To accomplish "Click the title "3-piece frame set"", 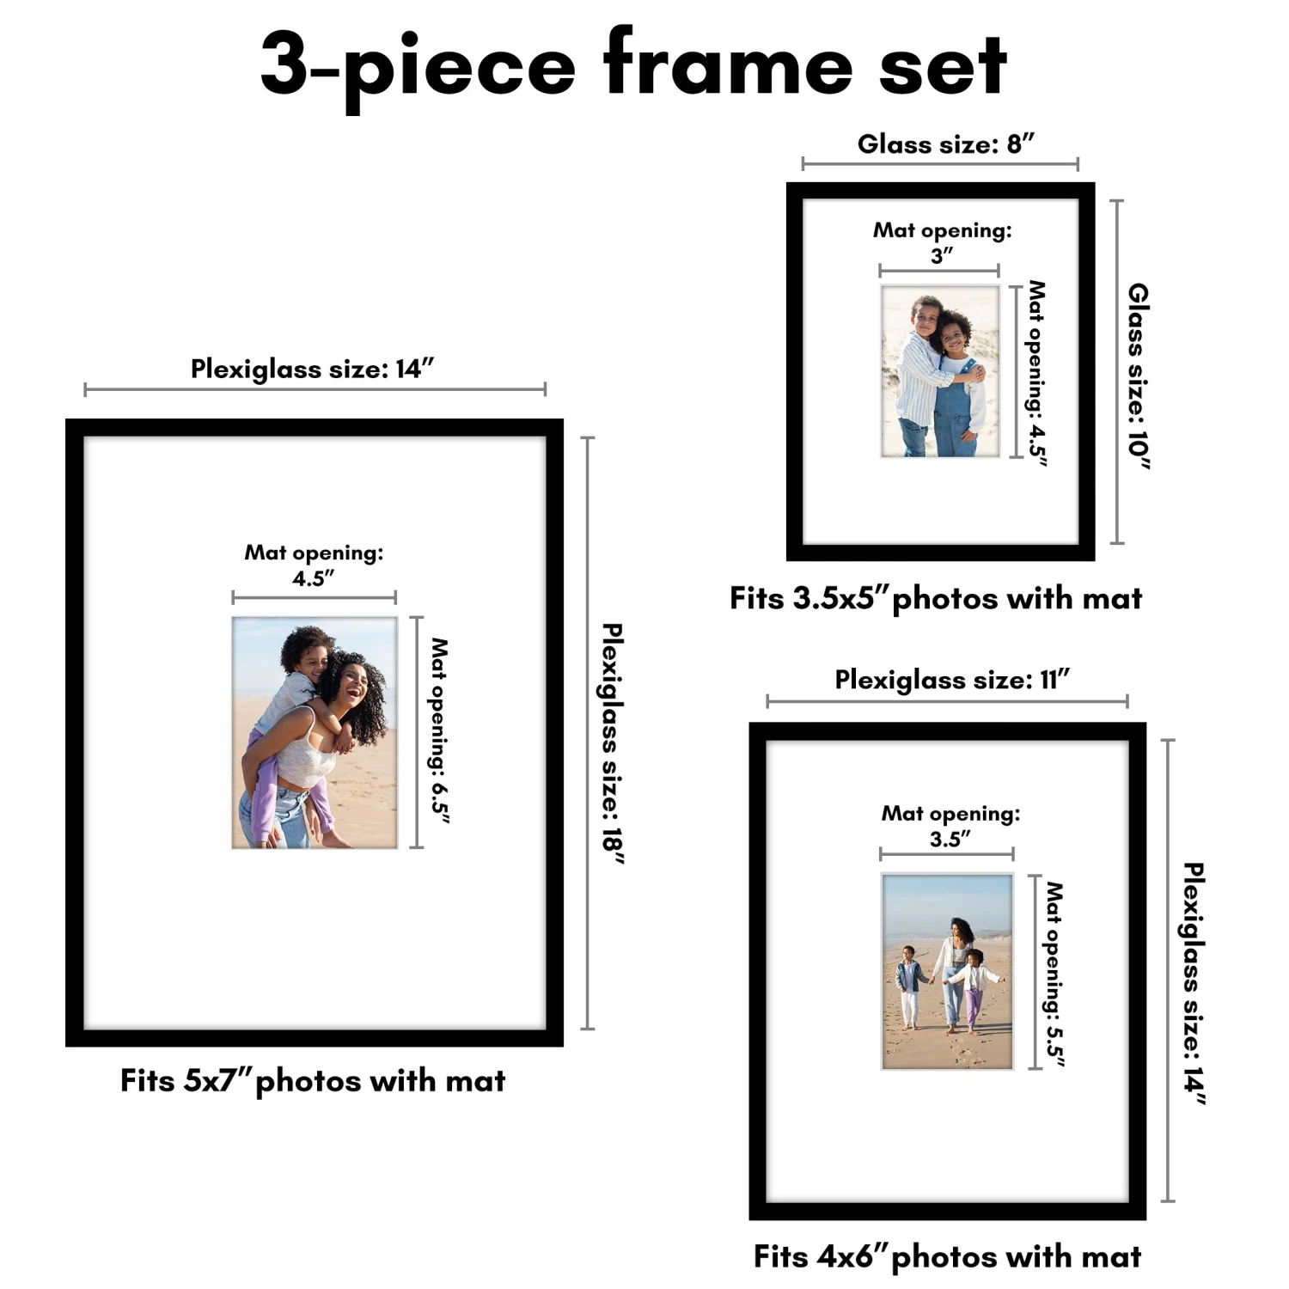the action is click(633, 66).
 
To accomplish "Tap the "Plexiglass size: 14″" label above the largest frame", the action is click(312, 369).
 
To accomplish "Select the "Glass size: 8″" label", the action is click(945, 144).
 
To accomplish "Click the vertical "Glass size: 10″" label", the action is click(1139, 376).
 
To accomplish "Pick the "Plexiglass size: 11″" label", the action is click(952, 680).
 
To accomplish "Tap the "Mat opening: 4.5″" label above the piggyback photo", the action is click(314, 565).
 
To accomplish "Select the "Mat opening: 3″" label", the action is click(943, 242).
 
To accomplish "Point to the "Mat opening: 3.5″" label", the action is click(950, 826).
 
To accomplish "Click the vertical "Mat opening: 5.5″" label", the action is click(1054, 974).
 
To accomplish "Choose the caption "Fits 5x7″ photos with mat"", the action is click(313, 1080).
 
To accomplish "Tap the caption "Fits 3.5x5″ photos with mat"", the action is click(936, 598).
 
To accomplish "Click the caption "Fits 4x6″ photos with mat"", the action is click(947, 1256).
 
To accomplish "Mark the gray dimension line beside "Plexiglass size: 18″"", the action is click(588, 733).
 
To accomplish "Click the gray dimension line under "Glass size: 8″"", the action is click(940, 163).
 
